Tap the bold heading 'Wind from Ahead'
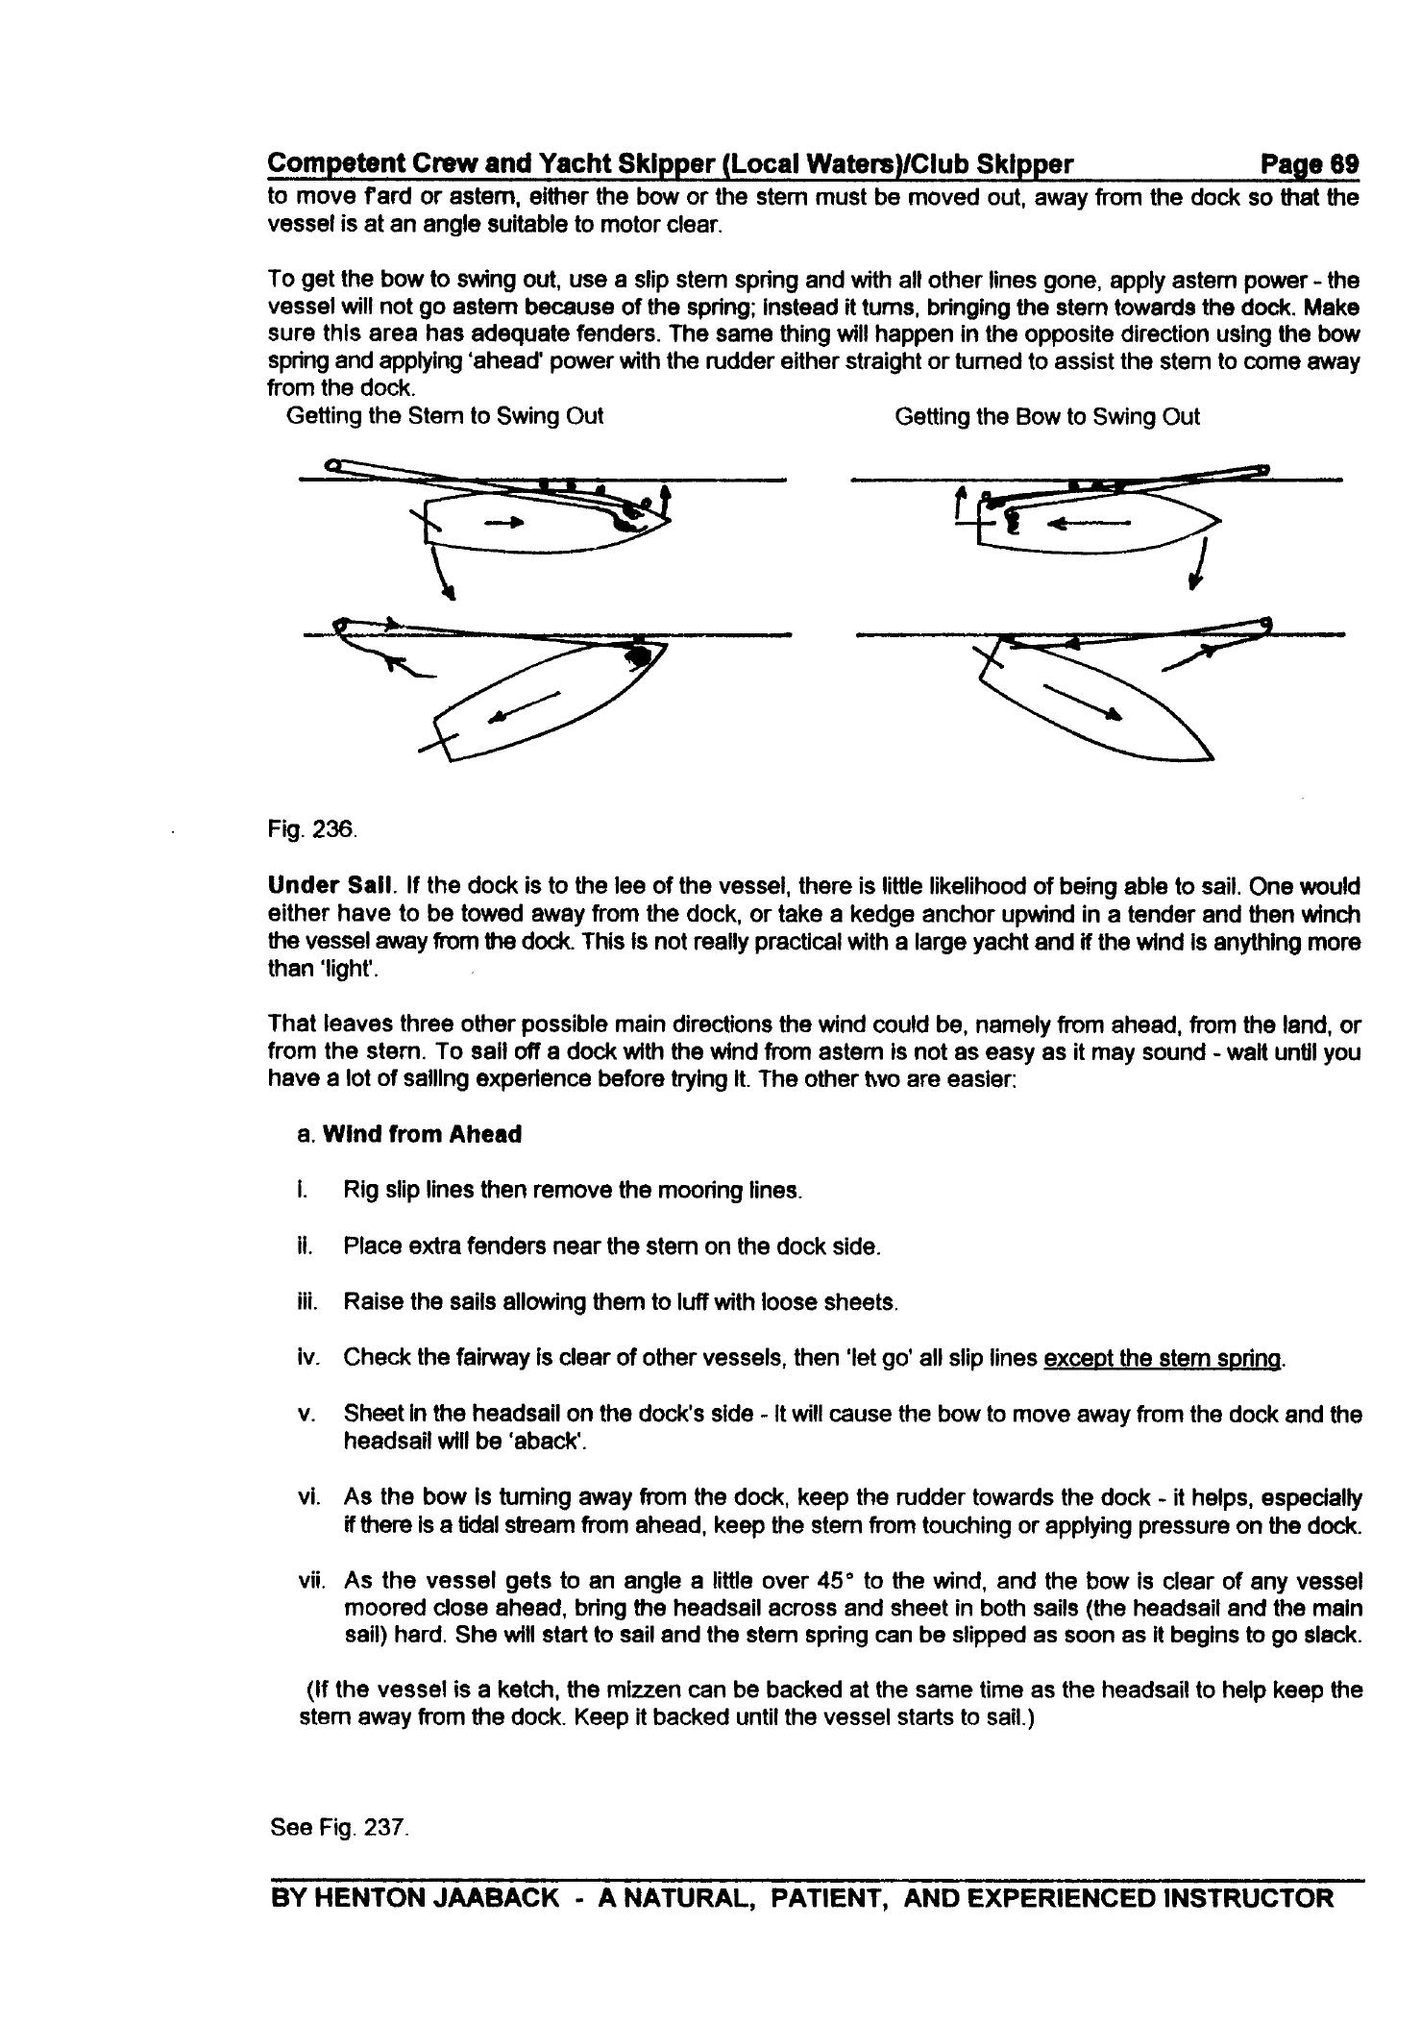click(423, 1134)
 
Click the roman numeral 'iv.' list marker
click(308, 1358)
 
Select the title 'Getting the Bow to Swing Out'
click(1046, 416)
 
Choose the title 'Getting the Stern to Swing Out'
click(445, 416)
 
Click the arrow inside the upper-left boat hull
click(506, 523)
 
